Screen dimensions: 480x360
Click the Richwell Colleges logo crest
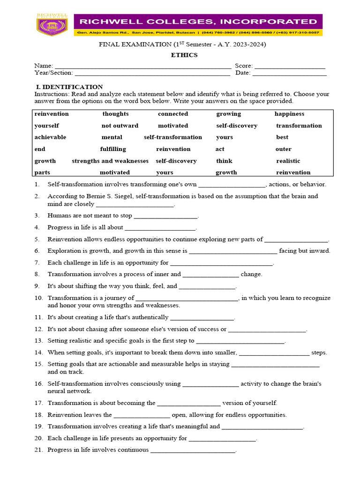[52, 25]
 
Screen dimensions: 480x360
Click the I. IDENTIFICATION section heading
[69, 87]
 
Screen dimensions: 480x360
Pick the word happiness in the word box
[289, 114]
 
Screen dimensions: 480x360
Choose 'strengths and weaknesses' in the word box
[110, 161]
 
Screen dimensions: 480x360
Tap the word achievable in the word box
[50, 137]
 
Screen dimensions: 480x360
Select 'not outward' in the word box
[120, 126]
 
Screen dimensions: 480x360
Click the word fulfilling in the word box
[113, 149]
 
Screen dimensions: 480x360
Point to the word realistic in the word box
[288, 161]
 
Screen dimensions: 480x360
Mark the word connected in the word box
[173, 114]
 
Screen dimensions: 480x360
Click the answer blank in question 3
[165, 217]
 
